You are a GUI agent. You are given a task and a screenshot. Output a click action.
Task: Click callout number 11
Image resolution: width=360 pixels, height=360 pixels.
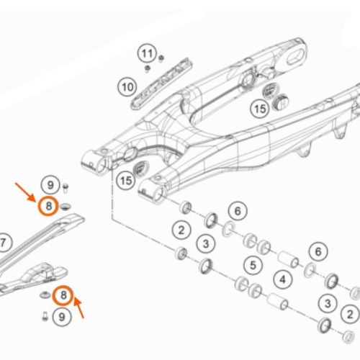click(147, 53)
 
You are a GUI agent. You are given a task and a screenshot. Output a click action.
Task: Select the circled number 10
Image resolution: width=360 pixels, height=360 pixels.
click(127, 87)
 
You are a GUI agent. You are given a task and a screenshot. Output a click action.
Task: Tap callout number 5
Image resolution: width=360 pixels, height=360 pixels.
click(253, 266)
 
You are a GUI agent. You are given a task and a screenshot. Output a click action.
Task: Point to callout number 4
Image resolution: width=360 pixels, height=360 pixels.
click(283, 279)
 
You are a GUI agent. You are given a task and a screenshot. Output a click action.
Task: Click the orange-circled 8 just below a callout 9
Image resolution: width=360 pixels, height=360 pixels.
click(48, 206)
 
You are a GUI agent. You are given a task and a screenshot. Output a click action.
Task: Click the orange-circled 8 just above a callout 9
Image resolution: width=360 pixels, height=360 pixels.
click(63, 295)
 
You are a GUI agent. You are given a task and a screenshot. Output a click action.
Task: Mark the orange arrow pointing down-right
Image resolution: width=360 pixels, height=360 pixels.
click(25, 192)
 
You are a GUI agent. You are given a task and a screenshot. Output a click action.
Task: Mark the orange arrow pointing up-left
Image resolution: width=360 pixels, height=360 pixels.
click(78, 308)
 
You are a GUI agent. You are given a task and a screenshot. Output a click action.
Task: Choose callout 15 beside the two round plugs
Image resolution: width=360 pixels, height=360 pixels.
click(260, 109)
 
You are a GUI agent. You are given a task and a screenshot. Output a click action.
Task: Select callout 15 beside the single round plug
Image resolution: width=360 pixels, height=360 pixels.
click(126, 181)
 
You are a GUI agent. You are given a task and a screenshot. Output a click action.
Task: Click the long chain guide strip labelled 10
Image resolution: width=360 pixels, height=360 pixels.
click(162, 84)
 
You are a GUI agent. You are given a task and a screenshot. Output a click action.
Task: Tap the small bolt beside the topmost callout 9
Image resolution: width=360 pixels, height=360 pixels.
click(66, 188)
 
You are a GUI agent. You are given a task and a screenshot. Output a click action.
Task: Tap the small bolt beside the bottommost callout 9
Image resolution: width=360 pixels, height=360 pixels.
click(45, 316)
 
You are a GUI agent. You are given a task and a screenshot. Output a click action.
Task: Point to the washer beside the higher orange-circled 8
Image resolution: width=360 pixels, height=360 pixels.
click(66, 207)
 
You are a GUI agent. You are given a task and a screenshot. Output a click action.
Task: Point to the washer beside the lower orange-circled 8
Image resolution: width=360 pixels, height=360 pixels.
click(45, 295)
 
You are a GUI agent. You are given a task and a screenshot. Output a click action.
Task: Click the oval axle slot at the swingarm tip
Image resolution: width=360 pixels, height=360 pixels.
click(296, 57)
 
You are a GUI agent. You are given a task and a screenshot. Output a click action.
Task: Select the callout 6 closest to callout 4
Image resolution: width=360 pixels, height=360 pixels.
click(318, 251)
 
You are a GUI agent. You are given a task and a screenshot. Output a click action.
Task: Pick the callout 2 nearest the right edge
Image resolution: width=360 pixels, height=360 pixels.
click(350, 314)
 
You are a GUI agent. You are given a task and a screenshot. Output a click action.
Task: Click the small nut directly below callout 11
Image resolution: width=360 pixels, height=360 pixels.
click(147, 69)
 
